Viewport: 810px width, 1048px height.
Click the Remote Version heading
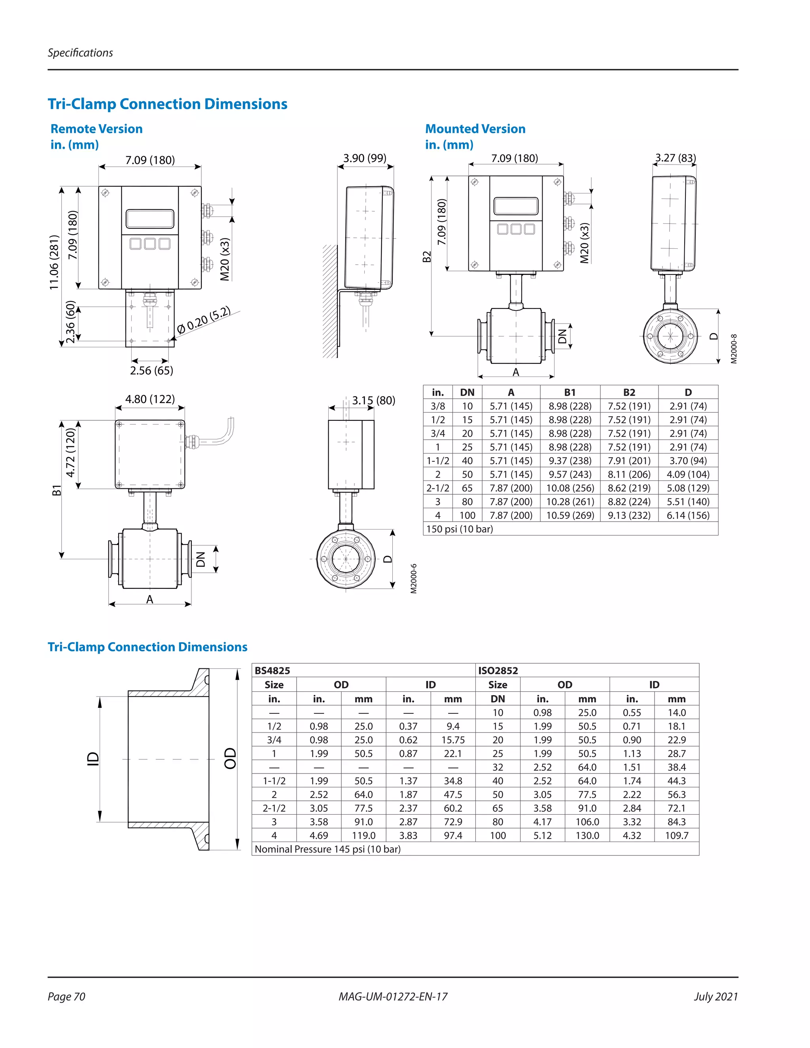[97, 129]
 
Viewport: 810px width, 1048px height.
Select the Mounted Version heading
[475, 129]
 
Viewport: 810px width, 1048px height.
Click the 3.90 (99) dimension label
[365, 158]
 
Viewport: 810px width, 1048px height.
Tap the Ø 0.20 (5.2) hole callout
[203, 320]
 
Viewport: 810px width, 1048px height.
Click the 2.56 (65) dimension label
[151, 371]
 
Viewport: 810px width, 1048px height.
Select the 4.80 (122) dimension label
[150, 399]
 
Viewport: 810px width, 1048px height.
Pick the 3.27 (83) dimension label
[676, 158]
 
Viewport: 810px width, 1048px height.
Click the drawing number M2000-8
[734, 349]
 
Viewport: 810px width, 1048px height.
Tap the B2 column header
[629, 393]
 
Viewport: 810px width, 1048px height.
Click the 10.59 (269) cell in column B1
[570, 515]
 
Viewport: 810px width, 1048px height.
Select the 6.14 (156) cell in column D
[688, 515]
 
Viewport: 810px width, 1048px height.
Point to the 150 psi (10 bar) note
[460, 529]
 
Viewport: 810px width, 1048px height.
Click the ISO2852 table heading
[498, 671]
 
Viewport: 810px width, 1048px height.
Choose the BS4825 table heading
[272, 671]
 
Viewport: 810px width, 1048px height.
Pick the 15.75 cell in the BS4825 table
[453, 740]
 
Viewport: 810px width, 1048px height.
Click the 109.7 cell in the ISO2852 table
[677, 835]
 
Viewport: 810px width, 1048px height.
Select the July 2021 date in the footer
[716, 997]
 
